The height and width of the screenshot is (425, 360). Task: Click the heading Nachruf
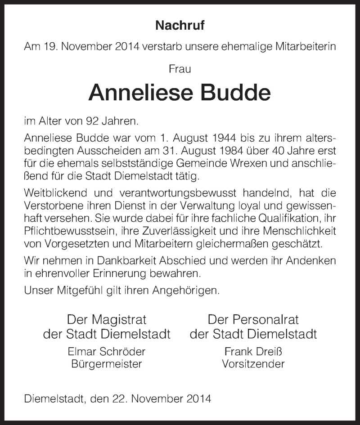tap(180, 26)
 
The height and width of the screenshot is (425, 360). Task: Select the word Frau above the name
tap(180, 69)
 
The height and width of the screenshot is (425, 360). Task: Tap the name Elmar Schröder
tap(107, 352)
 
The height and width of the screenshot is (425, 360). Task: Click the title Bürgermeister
tap(107, 364)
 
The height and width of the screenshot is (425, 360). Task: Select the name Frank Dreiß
tap(253, 352)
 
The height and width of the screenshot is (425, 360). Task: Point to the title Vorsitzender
tap(253, 364)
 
